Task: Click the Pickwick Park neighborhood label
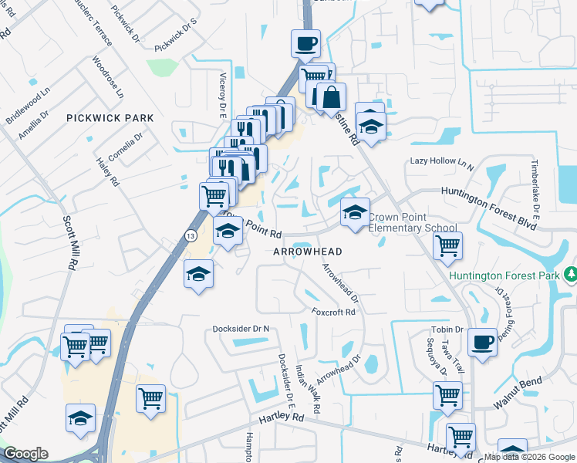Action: (110, 118)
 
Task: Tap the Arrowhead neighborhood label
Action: (307, 252)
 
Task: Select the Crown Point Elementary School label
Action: (412, 223)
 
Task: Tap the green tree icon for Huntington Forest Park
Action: (571, 274)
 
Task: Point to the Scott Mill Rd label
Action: (71, 241)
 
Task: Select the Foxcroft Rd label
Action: (333, 313)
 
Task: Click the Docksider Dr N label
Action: (241, 329)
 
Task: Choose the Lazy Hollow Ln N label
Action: (441, 161)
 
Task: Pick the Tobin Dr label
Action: (447, 330)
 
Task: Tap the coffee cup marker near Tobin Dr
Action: (484, 341)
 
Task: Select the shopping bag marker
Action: (331, 96)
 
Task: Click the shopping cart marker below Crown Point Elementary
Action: (447, 247)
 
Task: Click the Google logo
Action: (25, 454)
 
